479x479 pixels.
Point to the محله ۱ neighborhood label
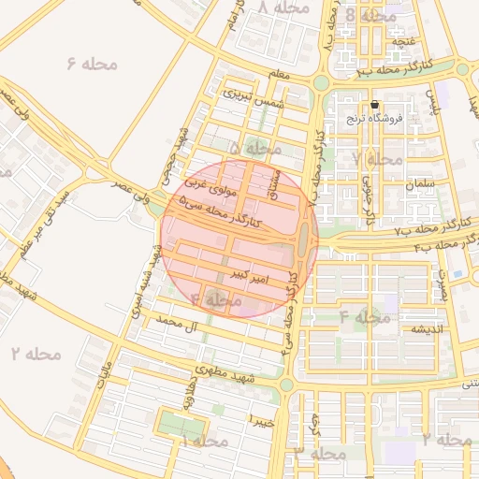[203, 441]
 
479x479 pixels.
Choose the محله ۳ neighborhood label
[319, 451]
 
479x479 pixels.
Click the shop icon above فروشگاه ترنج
[375, 105]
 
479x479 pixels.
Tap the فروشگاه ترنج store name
[399, 119]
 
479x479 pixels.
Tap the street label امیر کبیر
[251, 274]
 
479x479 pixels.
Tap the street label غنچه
[402, 41]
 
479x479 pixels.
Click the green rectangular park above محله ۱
[181, 423]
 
